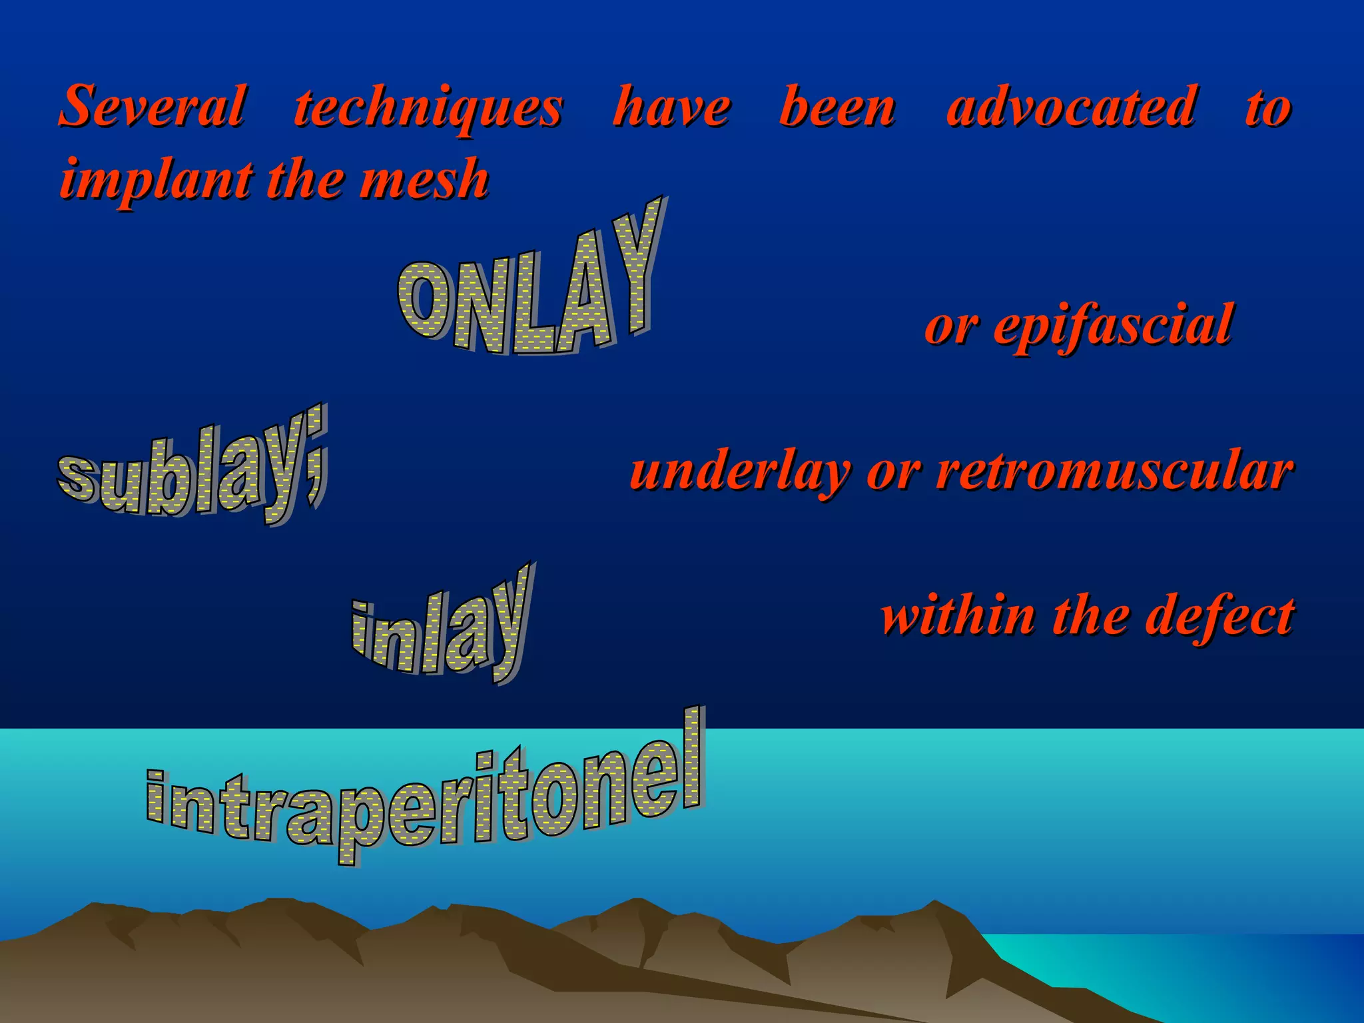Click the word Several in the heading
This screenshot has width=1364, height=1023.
pyautogui.click(x=153, y=107)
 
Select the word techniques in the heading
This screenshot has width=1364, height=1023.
pyautogui.click(x=429, y=108)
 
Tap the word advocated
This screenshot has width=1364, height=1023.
pyautogui.click(x=1072, y=107)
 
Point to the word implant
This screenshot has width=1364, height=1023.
pyautogui.click(x=157, y=180)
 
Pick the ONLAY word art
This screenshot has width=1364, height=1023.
pyautogui.click(x=529, y=286)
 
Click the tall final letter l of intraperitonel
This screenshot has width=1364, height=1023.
pyautogui.click(x=693, y=759)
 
